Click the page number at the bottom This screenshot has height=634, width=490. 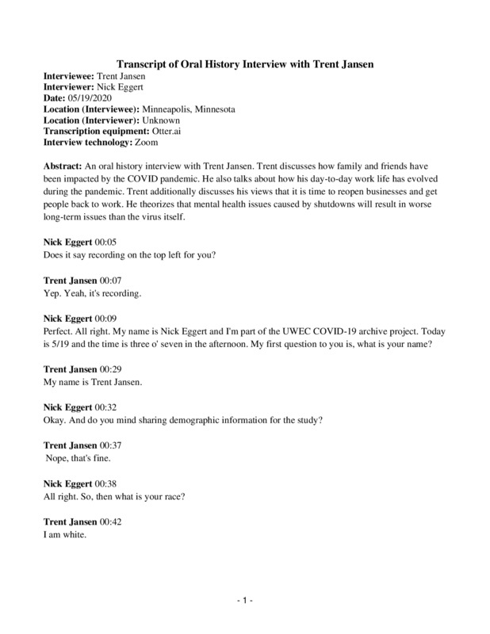pyautogui.click(x=245, y=602)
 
